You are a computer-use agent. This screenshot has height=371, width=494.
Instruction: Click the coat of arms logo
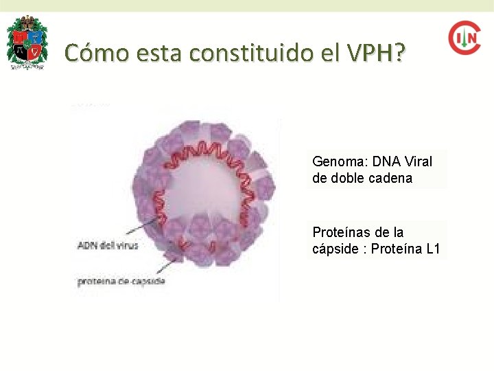pos(27,42)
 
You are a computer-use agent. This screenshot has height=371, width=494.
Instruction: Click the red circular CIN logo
pos(464,38)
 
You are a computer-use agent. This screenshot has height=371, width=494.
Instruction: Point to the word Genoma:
pos(339,162)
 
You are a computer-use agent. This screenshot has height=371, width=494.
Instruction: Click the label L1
pos(433,249)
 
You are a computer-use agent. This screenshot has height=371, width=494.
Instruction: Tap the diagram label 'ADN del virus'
pos(108,246)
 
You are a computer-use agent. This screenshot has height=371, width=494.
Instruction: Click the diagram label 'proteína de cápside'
pos(121,282)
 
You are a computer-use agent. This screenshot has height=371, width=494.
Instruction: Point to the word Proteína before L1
pos(397,249)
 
